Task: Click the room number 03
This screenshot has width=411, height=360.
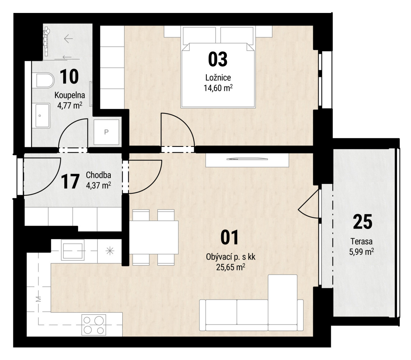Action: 218,59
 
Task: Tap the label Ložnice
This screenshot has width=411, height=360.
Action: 218,77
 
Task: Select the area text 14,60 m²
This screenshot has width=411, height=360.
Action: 218,87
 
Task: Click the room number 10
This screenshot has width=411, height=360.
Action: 69,76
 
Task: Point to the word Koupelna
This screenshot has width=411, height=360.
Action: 70,95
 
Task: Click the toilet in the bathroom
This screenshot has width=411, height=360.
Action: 43,80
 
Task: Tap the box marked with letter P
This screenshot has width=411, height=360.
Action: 106,132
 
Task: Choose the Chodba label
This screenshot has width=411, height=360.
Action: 98,175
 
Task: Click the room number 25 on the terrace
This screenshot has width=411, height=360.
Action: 362,222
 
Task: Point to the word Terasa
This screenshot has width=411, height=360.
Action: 361,241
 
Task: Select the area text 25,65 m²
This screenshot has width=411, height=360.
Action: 230,267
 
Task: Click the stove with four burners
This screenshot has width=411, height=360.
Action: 94,325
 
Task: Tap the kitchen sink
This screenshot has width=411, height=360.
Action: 73,250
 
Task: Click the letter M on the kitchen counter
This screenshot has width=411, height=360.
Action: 38,299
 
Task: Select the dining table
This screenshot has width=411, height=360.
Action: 154,237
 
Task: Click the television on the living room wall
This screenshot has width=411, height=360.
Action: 247,159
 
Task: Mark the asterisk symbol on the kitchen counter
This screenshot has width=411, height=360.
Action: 110,251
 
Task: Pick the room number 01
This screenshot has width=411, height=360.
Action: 229,237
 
